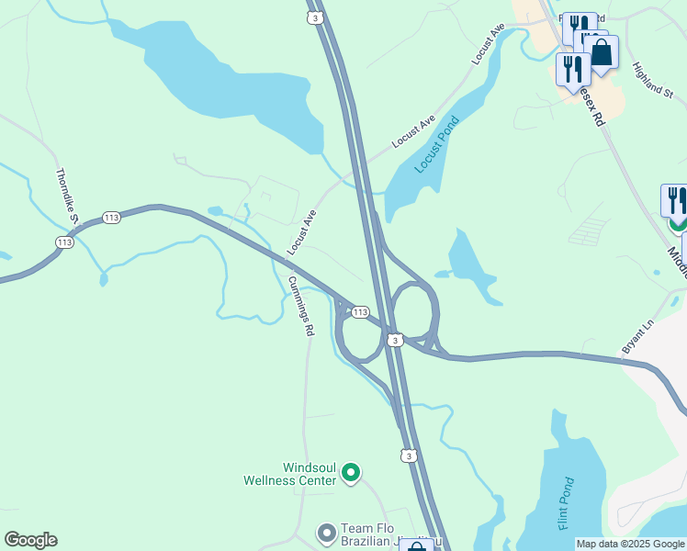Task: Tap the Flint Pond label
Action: pos(566,503)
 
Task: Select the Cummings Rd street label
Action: pos(300,306)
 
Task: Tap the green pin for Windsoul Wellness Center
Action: pos(350,473)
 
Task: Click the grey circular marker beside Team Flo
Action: pos(326,533)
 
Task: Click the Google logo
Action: pos(30,540)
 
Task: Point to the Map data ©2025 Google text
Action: pos(630,545)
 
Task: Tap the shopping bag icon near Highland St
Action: pos(602,52)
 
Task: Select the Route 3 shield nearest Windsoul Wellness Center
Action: pos(409,455)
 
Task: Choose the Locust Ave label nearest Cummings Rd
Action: pos(301,231)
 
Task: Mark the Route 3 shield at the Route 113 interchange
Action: pos(394,340)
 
